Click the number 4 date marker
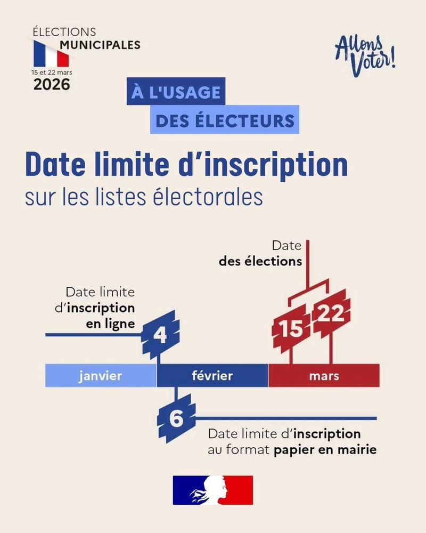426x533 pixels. point(160,335)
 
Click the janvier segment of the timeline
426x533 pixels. point(101,376)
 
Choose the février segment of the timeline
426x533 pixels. point(212,376)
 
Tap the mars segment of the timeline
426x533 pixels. point(324,376)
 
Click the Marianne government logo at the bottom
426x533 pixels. point(212,490)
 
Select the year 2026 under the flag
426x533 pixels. point(52,84)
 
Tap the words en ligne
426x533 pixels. point(110,323)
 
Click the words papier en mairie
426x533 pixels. point(325,450)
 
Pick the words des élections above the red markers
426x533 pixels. point(260,262)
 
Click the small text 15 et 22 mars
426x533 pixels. point(51,71)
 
